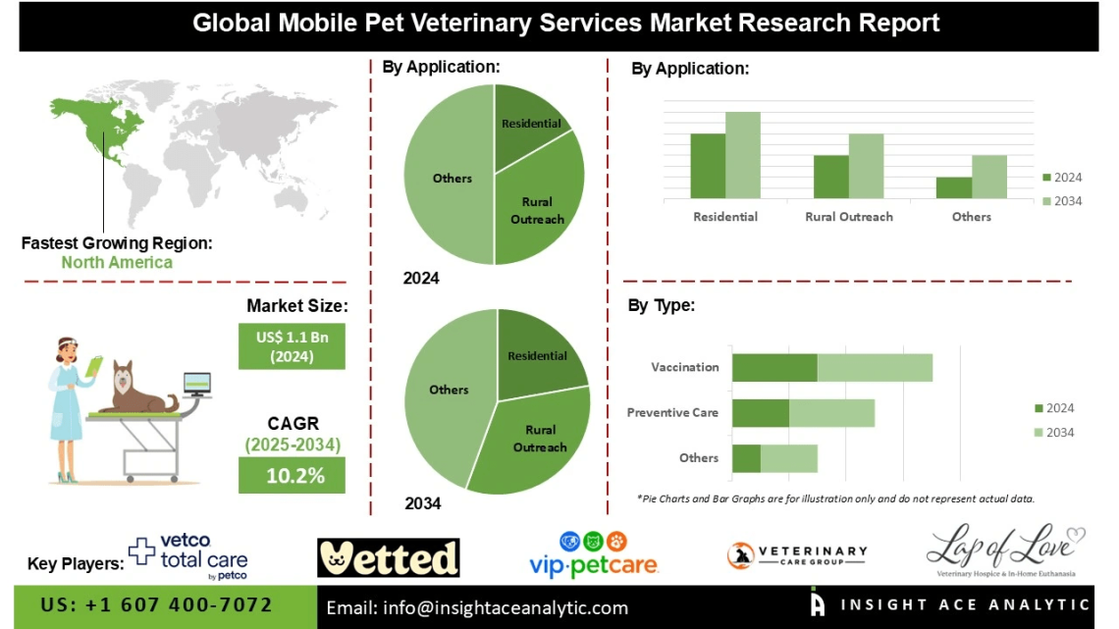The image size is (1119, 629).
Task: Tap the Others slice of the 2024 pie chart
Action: pyautogui.click(x=447, y=177)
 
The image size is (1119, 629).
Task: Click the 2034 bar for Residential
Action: pyautogui.click(x=743, y=155)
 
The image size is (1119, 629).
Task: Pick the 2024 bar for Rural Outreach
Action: pyautogui.click(x=830, y=177)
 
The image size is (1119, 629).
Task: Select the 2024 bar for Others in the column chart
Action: pyautogui.click(x=953, y=187)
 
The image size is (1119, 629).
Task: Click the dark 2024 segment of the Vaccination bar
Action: pyautogui.click(x=774, y=367)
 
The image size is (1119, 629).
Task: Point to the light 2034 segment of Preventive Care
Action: pyautogui.click(x=831, y=413)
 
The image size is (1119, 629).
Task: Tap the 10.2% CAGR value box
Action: pyautogui.click(x=292, y=476)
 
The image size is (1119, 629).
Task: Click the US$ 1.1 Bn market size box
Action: pyautogui.click(x=292, y=346)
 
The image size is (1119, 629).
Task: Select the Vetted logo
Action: pyautogui.click(x=389, y=557)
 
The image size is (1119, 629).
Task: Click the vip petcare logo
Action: pyautogui.click(x=594, y=554)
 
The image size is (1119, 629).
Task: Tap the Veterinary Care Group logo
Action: pyautogui.click(x=797, y=556)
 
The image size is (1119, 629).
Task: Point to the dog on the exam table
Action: pyautogui.click(x=137, y=389)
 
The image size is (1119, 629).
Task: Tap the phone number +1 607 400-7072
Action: pyautogui.click(x=157, y=604)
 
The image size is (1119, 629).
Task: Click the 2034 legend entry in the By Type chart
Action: pyautogui.click(x=1054, y=433)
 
